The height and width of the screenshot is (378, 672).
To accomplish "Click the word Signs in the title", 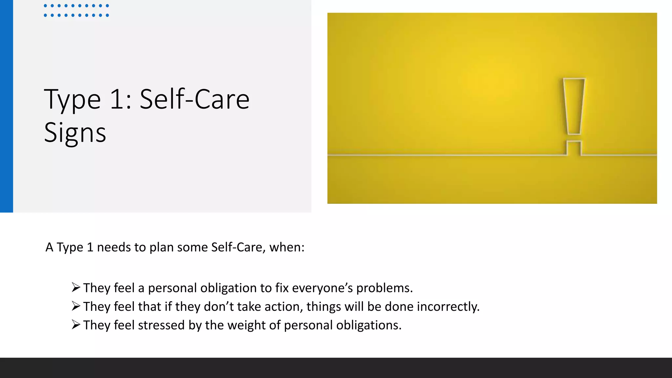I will point(75,133).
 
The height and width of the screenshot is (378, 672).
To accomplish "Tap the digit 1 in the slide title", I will point(117,99).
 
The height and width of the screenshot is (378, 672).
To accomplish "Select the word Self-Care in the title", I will point(195,99).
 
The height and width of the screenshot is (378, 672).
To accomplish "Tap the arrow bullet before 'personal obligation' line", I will point(76,287).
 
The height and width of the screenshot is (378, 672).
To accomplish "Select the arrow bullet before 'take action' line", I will point(76,306).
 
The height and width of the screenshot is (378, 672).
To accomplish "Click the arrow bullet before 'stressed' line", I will point(76,325).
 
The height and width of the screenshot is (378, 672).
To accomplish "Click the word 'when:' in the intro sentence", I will point(287,247).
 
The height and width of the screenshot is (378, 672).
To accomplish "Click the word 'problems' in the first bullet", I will point(384,288).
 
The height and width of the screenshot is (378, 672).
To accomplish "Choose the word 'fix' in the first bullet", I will point(282,288).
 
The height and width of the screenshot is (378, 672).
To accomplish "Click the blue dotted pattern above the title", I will point(76,10).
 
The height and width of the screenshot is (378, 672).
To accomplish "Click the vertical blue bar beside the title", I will point(7,106).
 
